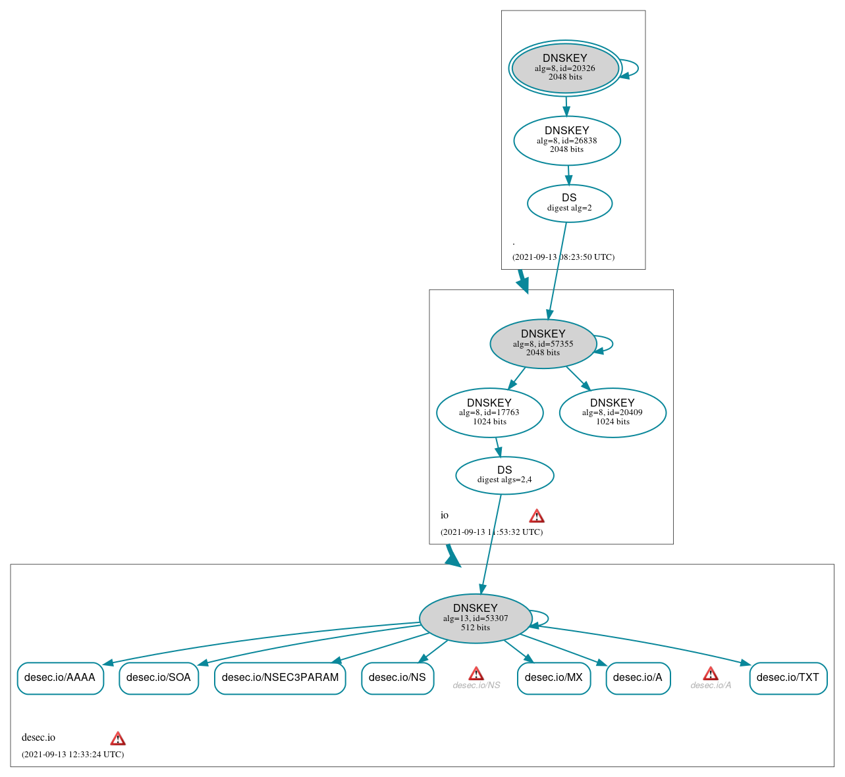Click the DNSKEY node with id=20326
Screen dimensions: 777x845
click(565, 68)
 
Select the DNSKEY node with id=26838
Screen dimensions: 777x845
click(566, 140)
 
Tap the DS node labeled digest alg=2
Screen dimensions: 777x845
click(569, 203)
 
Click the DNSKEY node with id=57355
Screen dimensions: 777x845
click(543, 343)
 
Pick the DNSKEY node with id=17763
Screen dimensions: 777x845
click(489, 413)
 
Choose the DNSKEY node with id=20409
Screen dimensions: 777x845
click(613, 413)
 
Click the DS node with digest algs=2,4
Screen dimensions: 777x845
click(504, 475)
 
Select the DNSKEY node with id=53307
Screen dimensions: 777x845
click(475, 618)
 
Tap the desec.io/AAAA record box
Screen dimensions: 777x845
click(60, 678)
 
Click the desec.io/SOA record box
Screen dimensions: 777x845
click(159, 678)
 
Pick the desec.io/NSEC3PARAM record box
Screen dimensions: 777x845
click(280, 678)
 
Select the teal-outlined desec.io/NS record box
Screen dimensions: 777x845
click(397, 678)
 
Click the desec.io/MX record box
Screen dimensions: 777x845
click(554, 678)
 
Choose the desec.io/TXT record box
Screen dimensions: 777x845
click(788, 678)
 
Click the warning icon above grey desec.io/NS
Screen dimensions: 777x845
click(476, 673)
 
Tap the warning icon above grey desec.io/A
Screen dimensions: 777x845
click(711, 673)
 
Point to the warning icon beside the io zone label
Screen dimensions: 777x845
click(537, 516)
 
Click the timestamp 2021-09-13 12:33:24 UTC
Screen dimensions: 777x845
click(72, 755)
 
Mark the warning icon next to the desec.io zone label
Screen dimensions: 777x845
click(118, 738)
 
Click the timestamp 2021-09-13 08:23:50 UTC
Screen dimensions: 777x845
click(563, 257)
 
